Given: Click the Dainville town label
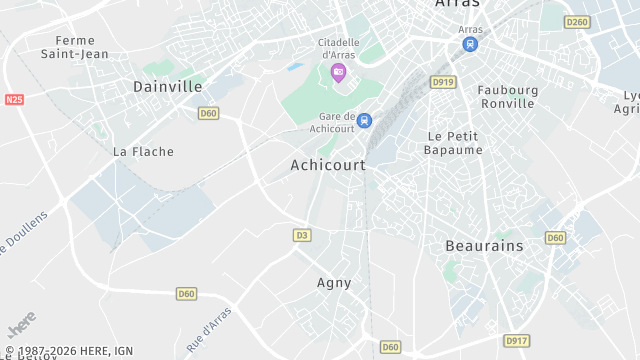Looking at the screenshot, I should pos(168,87).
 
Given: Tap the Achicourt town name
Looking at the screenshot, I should pos(328,165).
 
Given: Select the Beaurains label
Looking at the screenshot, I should pos(484,245).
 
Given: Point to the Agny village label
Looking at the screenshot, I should pos(334,283).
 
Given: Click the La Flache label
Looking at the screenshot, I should pos(143,152).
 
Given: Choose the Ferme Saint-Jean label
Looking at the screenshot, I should pos(75,47).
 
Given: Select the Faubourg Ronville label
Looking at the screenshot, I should pos(508,97).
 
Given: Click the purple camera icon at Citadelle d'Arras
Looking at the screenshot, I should pos(338,72).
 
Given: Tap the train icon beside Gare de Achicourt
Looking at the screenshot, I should pos(364,121).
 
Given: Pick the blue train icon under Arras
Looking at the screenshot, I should pos(470,45).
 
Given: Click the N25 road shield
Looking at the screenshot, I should pos(14,100).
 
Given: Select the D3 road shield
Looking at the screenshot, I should pos(302,235).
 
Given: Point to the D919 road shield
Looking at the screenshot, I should pos(443,82).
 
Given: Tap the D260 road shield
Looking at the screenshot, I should pos(577,22).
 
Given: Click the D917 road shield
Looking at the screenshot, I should pos(516,341).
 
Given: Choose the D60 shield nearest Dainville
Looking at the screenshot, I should pos(208,114).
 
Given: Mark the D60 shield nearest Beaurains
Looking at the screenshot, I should pos(555,237).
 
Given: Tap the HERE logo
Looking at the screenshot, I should pos(21,325).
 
